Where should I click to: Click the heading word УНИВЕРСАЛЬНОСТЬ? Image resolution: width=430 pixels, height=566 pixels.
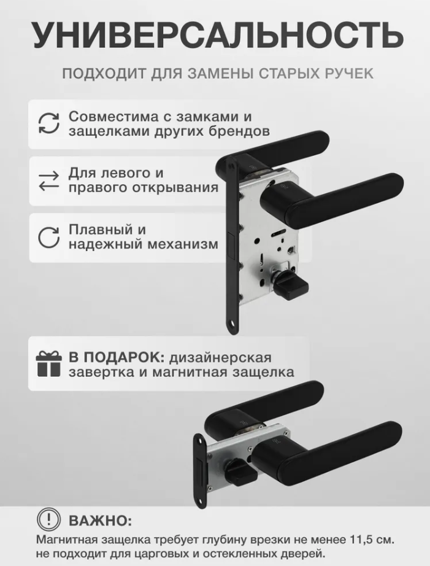point(218,35)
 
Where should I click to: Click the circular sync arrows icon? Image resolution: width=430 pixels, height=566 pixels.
point(48,124)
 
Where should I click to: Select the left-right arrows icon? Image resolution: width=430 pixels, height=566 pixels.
point(48,180)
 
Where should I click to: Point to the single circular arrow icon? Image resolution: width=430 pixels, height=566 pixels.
point(48,238)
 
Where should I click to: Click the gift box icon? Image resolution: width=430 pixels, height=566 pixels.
point(48,364)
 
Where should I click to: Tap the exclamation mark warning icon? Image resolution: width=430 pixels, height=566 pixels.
point(48,520)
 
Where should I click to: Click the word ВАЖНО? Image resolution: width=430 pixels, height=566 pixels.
point(100,521)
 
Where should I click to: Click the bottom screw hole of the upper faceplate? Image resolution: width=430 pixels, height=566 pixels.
point(232,327)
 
